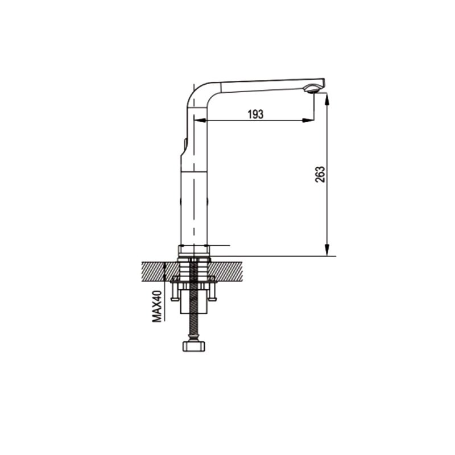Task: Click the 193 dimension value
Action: pos(255,114)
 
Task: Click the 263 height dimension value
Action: pos(320,174)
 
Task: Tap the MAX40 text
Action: pos(157,306)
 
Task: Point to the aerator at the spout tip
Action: pos(312,89)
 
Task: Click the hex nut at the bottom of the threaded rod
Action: pos(194,346)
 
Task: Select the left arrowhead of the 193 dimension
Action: pos(200,120)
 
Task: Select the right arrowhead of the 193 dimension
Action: pos(308,120)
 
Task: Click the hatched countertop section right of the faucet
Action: pos(226,271)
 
